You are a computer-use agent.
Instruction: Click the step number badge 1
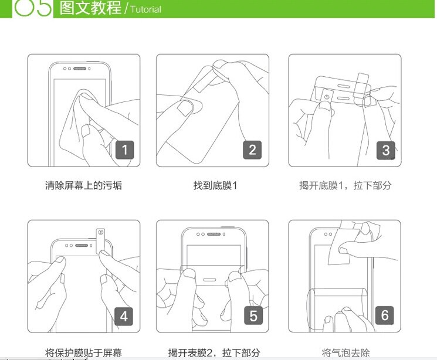coord(124,150)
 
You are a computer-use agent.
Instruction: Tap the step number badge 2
coord(252,150)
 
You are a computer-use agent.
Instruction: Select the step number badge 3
coord(386,151)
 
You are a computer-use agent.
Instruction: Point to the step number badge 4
coord(124,317)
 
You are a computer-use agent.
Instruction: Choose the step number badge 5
coord(253,315)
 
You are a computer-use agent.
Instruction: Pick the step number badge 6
coord(385,315)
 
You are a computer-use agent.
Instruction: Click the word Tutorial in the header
coord(145,9)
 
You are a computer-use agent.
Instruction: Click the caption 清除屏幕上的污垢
coord(84,185)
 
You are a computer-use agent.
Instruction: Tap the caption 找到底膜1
coord(215,185)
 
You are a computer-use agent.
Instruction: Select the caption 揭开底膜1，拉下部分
coord(345,185)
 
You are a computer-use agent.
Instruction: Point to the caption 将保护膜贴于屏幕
coord(84,353)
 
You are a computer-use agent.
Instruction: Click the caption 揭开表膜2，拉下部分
coord(214,353)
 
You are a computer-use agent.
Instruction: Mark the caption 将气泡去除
coord(345,353)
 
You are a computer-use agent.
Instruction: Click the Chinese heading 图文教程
coord(90,8)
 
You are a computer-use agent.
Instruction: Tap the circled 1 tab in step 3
coord(327,97)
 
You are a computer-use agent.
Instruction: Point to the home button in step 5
coord(210,280)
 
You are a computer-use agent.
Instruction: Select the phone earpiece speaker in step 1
coord(80,69)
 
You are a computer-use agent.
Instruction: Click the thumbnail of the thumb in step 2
coord(184,108)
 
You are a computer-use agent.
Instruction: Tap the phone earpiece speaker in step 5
coord(214,234)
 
